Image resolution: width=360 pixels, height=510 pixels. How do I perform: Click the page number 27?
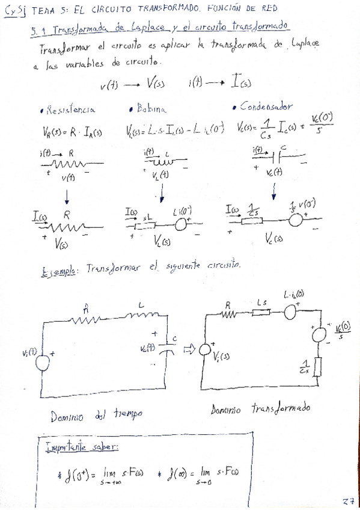click(x=348, y=500)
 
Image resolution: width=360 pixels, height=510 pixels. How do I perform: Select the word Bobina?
click(x=153, y=109)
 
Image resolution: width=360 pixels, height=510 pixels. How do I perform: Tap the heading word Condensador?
click(x=266, y=106)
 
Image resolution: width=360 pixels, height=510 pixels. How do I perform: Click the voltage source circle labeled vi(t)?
click(x=43, y=361)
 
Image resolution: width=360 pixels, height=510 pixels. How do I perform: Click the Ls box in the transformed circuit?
click(x=262, y=312)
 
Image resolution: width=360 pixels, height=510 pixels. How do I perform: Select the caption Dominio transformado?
click(x=260, y=408)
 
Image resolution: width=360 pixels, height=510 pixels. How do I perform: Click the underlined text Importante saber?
click(x=82, y=447)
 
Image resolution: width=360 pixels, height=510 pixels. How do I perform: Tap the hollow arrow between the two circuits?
click(x=188, y=349)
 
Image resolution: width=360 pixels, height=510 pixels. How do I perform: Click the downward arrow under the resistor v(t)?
click(x=66, y=196)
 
